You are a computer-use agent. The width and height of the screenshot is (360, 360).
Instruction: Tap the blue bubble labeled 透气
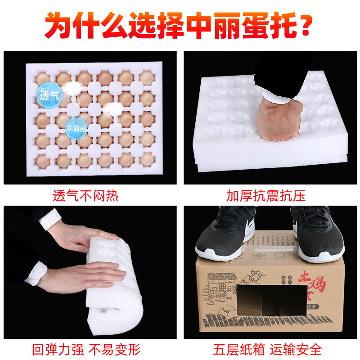46,95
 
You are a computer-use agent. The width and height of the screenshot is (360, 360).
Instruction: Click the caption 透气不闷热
85,196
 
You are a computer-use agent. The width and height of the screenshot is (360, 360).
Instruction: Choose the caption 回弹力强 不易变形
85,349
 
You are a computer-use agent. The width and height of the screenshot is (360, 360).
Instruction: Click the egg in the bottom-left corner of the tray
43,161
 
